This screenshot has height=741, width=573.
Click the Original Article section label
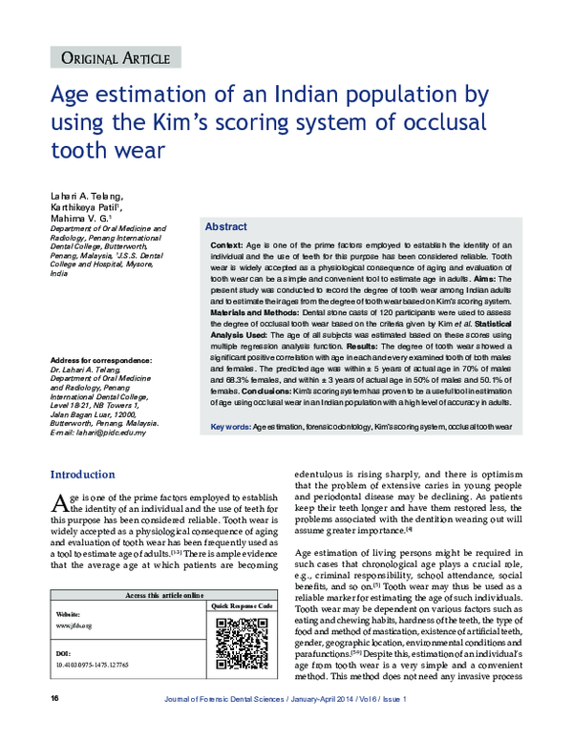(114, 59)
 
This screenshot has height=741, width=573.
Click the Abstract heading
(226, 227)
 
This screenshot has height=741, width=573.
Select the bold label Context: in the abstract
(226, 245)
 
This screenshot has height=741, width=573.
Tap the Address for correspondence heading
(102, 360)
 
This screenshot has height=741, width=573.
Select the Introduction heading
(82, 475)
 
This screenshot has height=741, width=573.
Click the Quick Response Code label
(241, 606)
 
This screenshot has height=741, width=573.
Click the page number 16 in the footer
(28, 727)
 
